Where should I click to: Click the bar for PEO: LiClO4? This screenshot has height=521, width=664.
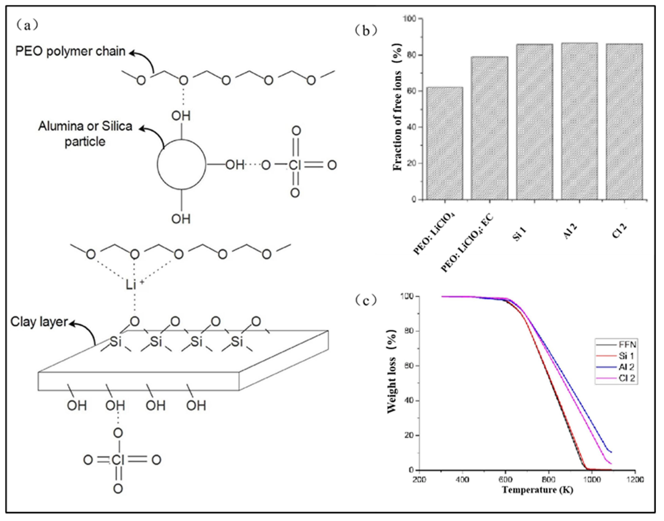(445, 143)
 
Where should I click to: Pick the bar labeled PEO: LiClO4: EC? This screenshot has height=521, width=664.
(489, 128)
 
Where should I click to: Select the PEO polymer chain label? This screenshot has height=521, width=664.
(70, 51)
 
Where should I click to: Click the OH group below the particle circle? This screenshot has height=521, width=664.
(181, 219)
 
